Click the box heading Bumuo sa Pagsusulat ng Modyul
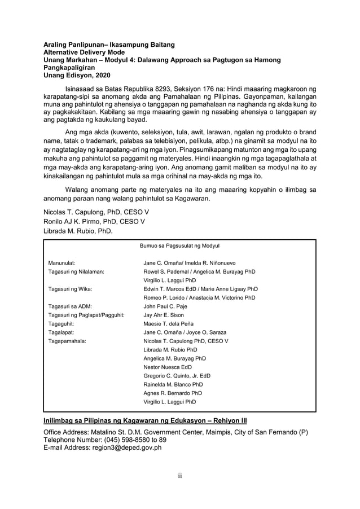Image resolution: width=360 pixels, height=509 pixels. [179, 246]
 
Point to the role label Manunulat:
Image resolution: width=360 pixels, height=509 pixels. [62, 263]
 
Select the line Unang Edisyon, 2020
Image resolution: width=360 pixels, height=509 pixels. [77, 75]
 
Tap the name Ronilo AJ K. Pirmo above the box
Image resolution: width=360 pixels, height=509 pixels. [94, 221]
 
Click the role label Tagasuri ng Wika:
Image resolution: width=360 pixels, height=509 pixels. [71, 289]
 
